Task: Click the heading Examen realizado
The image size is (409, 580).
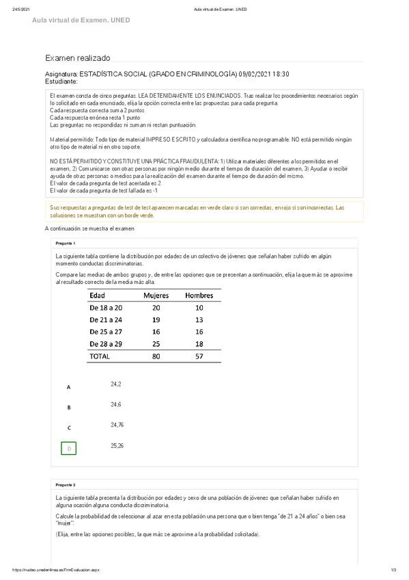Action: [76, 60]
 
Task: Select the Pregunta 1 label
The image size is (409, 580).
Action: [66, 243]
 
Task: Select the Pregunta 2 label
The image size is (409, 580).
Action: [66, 484]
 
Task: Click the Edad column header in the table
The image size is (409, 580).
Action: [102, 295]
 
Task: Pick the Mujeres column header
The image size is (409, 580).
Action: [156, 295]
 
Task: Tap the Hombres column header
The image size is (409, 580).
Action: [199, 295]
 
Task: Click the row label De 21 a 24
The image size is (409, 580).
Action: [106, 319]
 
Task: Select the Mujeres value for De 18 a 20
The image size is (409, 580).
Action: [156, 308]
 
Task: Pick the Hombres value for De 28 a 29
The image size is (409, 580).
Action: [199, 344]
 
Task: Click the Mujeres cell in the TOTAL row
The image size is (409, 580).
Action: [156, 356]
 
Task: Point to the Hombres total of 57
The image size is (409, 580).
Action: [199, 356]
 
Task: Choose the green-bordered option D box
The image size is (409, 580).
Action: [68, 448]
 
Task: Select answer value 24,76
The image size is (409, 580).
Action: [117, 425]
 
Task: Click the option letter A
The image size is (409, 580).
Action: [68, 387]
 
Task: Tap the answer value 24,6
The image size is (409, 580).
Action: [115, 405]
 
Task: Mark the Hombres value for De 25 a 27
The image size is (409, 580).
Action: [199, 332]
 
